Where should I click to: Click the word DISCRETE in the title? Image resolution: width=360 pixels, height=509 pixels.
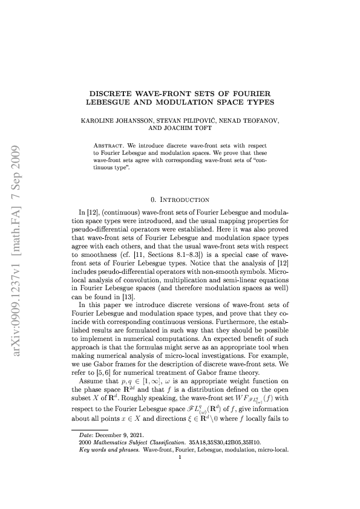(113, 95)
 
